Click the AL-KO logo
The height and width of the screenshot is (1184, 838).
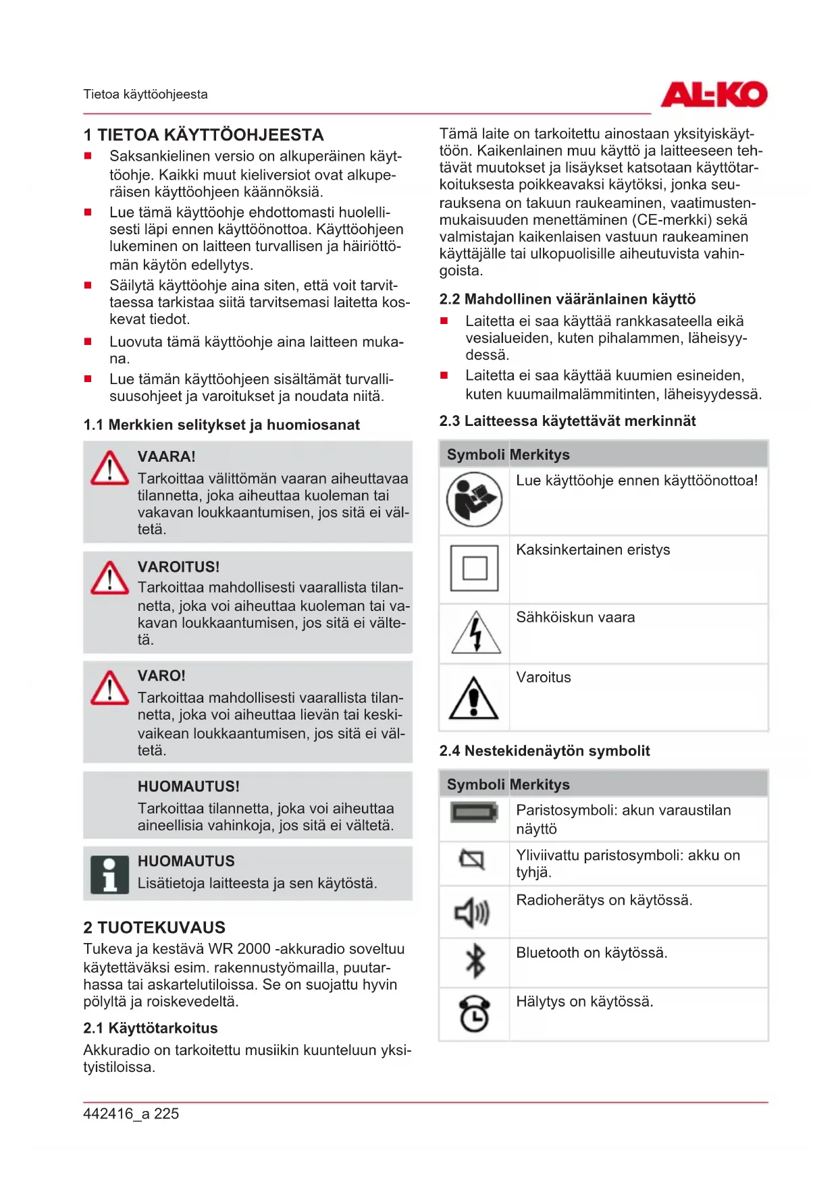pyautogui.click(x=713, y=95)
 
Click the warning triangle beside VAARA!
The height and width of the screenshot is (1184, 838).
pyautogui.click(x=109, y=468)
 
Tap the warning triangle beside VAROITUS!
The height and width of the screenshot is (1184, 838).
pyautogui.click(x=109, y=578)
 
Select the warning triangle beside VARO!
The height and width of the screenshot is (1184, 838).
pyautogui.click(x=109, y=689)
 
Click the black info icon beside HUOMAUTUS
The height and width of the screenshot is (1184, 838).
pyautogui.click(x=109, y=875)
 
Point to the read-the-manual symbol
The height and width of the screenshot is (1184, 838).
pyautogui.click(x=474, y=500)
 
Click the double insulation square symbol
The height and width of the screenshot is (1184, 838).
pyautogui.click(x=474, y=568)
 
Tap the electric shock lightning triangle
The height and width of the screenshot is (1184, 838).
pyautogui.click(x=476, y=633)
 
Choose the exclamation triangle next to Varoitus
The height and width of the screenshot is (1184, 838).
pyautogui.click(x=474, y=698)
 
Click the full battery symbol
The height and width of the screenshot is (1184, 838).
pyautogui.click(x=474, y=812)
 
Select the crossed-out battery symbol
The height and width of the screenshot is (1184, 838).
pyautogui.click(x=472, y=859)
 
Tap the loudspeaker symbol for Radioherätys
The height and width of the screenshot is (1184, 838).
pyautogui.click(x=472, y=913)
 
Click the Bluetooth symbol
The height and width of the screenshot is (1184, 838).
pyautogui.click(x=475, y=961)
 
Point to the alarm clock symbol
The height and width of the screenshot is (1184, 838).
pyautogui.click(x=474, y=1013)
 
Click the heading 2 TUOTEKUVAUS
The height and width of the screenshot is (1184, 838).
pyautogui.click(x=155, y=927)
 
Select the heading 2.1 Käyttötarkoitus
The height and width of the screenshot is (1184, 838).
pyautogui.click(x=151, y=1028)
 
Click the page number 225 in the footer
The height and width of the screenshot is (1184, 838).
pyautogui.click(x=166, y=1114)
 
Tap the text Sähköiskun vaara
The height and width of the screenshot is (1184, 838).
pyautogui.click(x=575, y=618)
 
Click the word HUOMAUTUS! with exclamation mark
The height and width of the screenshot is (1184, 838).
pyautogui.click(x=188, y=786)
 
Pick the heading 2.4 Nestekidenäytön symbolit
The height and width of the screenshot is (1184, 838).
pyautogui.click(x=544, y=751)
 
